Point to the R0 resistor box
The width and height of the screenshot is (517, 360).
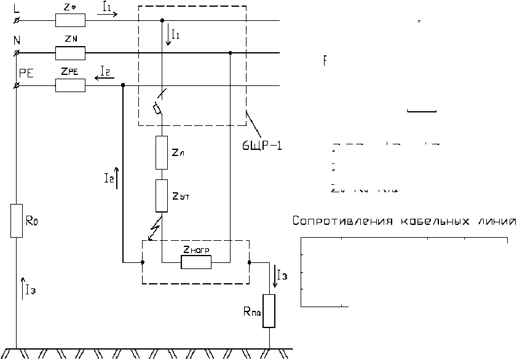[17, 221]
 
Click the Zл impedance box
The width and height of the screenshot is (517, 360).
[162, 152]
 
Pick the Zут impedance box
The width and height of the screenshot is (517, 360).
[162, 195]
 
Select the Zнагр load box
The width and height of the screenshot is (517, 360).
[196, 262]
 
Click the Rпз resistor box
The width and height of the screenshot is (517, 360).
[269, 311]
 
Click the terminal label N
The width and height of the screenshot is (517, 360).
[17, 41]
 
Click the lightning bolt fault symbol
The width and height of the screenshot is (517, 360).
[156, 229]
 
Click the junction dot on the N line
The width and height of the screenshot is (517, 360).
[230, 53]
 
